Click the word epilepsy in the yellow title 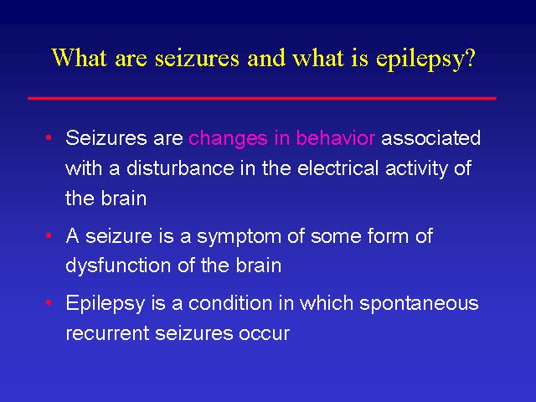pyautogui.click(x=417, y=59)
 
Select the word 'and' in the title pyautogui.click(x=266, y=57)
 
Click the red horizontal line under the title pyautogui.click(x=262, y=99)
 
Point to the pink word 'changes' pyautogui.click(x=228, y=139)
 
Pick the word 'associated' pyautogui.click(x=430, y=137)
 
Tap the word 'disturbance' pyautogui.click(x=180, y=167)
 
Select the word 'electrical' pyautogui.click(x=338, y=167)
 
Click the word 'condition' pyautogui.click(x=230, y=303)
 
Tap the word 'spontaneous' pyautogui.click(x=419, y=304)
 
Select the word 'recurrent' pyautogui.click(x=107, y=333)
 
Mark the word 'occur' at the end pyautogui.click(x=265, y=334)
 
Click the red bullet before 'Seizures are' pyautogui.click(x=49, y=137)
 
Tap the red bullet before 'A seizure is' pyautogui.click(x=49, y=235)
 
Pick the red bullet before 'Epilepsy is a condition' pyautogui.click(x=49, y=302)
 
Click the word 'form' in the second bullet pyautogui.click(x=388, y=235)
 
